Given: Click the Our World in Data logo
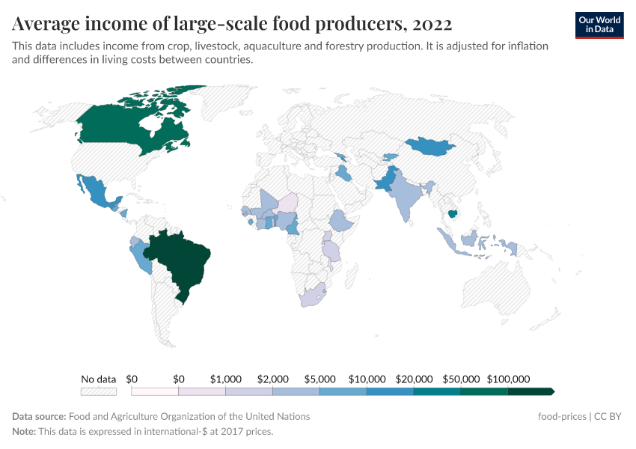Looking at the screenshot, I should [599, 25].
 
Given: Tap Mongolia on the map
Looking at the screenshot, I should [432, 146].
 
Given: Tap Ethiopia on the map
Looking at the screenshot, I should [342, 221].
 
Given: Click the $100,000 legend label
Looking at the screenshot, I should [508, 379].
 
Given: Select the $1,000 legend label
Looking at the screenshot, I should [226, 379].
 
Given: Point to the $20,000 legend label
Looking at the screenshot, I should [414, 379].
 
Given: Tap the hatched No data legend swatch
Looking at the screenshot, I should [99, 391].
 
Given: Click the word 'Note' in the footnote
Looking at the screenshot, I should [25, 432].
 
